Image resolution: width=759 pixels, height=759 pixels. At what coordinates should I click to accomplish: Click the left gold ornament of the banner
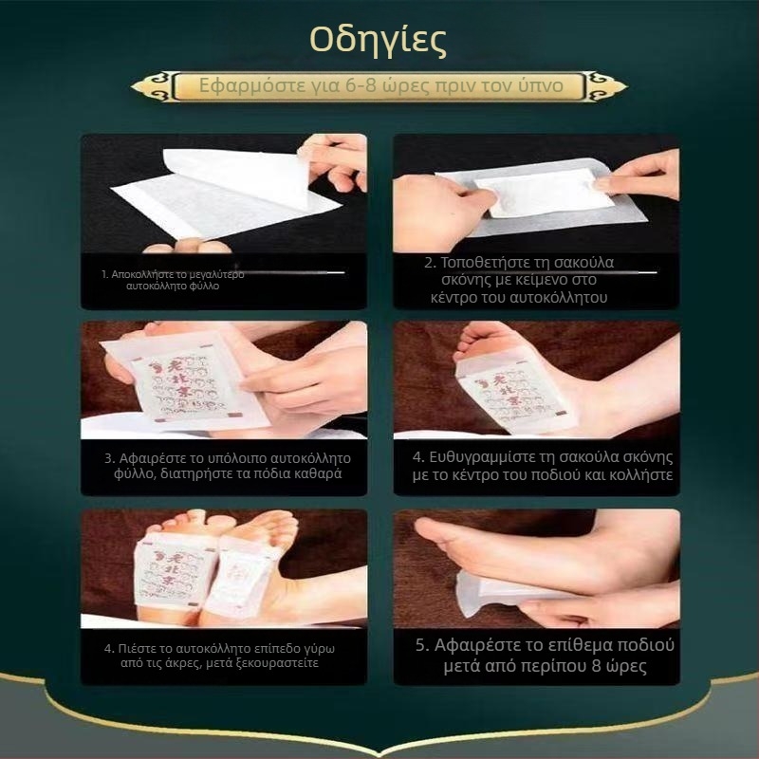pyautogui.click(x=152, y=87)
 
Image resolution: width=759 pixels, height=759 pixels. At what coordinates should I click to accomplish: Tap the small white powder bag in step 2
pyautogui.click(x=517, y=194)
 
